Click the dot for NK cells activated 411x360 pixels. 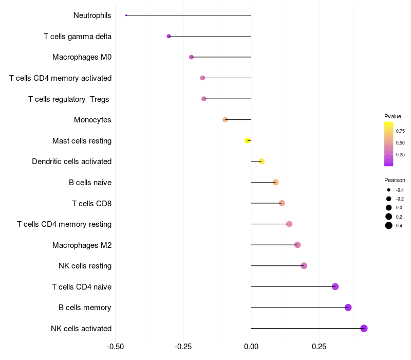pos(364,328)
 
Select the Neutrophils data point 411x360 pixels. pos(126,15)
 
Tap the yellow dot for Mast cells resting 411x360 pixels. pos(248,140)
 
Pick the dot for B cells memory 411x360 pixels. pos(348,308)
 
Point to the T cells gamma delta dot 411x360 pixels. pos(169,36)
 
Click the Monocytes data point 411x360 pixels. pos(225,120)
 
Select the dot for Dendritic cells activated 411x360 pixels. pos(261,161)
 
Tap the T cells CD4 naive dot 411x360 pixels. pos(335,286)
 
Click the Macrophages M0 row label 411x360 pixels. pos(82,57)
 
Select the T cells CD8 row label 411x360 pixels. pos(91,203)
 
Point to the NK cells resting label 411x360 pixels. pos(85,266)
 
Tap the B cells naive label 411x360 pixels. pos(90,182)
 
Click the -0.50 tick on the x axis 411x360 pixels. pos(116,347)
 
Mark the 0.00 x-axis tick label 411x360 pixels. pos(251,347)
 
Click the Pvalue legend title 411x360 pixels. pos(393,116)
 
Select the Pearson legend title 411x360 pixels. pos(395,180)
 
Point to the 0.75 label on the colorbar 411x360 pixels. pos(400,131)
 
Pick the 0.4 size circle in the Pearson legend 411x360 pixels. pos(389,225)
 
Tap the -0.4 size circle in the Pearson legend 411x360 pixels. pos(389,190)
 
